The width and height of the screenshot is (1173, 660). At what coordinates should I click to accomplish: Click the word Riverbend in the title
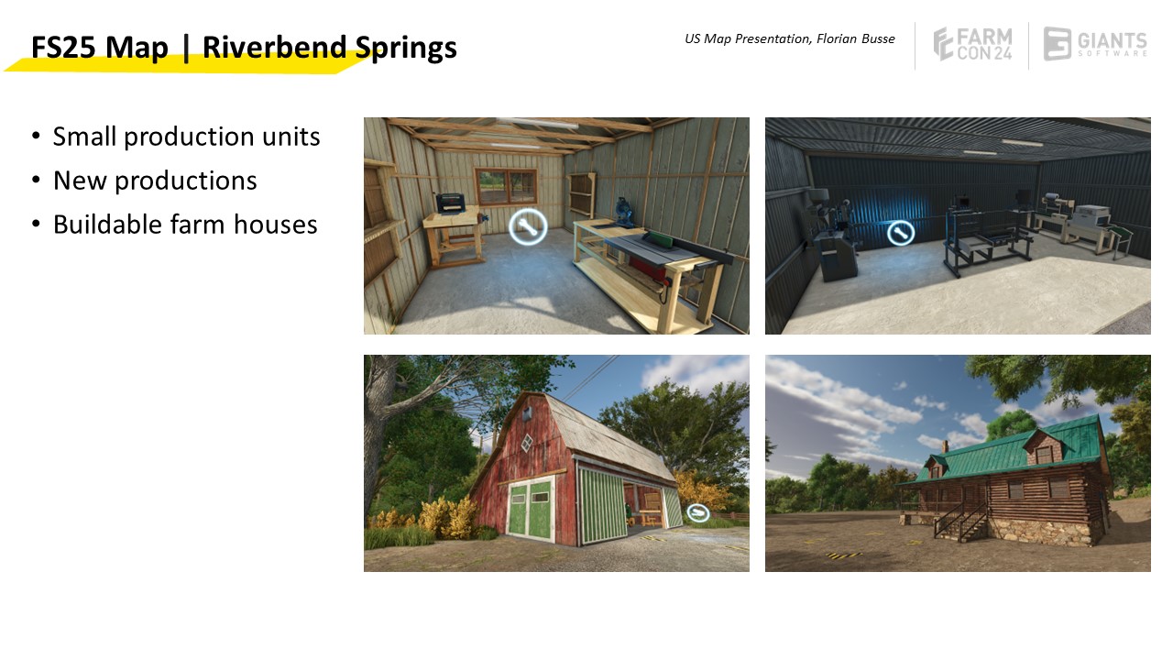[274, 47]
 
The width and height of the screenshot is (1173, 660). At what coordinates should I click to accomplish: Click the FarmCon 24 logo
[972, 44]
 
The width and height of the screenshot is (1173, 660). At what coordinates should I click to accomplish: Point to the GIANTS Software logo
[1095, 44]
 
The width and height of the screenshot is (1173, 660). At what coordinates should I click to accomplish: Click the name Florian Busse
[856, 38]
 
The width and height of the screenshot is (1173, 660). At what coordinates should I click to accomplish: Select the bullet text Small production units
[186, 137]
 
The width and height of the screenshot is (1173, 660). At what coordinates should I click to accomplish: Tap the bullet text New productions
[155, 181]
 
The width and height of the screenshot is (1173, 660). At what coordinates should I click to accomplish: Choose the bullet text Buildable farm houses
[185, 225]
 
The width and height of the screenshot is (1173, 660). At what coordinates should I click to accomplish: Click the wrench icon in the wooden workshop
[528, 226]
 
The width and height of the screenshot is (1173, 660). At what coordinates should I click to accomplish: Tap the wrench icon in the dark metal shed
[901, 233]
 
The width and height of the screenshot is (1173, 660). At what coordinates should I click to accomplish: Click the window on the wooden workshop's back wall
[506, 186]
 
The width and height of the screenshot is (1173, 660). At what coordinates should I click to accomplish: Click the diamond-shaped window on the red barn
[527, 444]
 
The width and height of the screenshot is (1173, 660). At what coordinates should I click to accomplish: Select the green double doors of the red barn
[530, 511]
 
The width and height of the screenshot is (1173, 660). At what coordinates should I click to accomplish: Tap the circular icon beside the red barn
[697, 512]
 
